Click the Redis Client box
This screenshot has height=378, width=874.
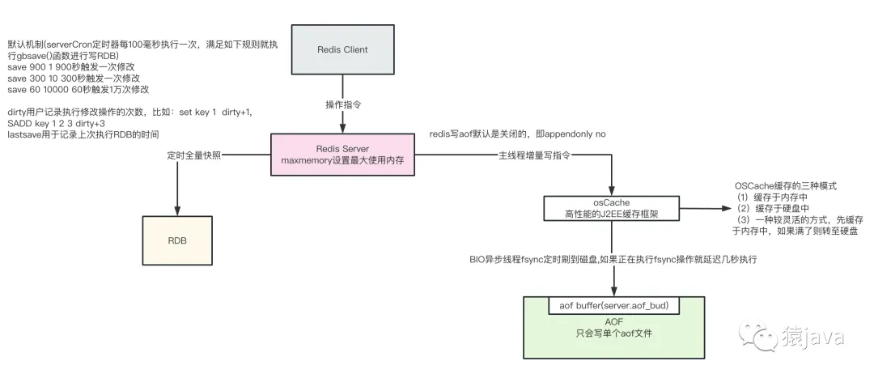pos(342,50)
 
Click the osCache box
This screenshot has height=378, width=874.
pos(612,208)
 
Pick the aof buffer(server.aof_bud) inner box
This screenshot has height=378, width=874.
pos(614,305)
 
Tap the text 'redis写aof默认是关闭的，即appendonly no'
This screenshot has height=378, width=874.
pos(518,132)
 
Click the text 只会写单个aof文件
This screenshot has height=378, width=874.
pos(613,333)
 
